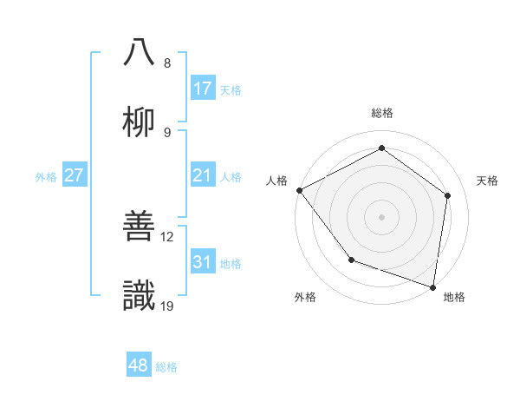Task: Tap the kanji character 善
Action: pos(140,226)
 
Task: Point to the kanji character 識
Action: pos(140,295)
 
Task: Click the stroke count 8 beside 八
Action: pos(167,63)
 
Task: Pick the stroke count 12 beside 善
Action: pos(168,236)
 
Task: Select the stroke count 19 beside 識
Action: pos(168,306)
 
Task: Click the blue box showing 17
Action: pos(203,89)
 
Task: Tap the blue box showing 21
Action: pos(203,176)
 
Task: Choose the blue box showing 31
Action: pos(203,262)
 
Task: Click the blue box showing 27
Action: pos(75,176)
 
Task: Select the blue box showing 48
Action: pos(139,365)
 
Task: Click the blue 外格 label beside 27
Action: pos(46,177)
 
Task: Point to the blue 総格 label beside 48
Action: pos(166,367)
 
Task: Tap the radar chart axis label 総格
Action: pos(382,113)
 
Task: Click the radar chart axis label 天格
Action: pos(488,181)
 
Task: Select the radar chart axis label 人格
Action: pos(276,181)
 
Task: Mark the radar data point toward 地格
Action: pos(433,286)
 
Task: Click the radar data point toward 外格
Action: pos(351,260)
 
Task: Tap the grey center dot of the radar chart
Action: pos(382,217)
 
